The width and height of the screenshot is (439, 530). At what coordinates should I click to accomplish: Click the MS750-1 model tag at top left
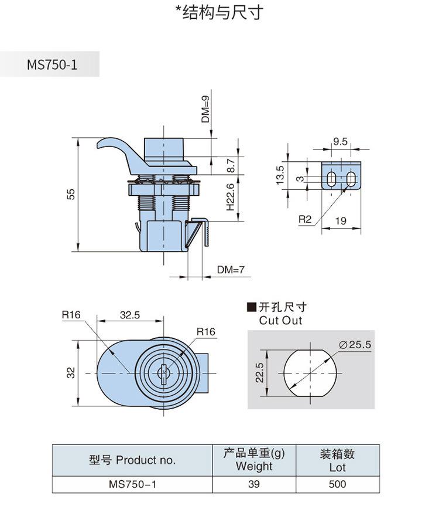pyautogui.click(x=52, y=64)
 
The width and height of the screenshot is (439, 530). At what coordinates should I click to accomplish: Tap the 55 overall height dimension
pyautogui.click(x=71, y=194)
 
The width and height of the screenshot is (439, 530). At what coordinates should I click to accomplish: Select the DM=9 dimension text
pyautogui.click(x=205, y=109)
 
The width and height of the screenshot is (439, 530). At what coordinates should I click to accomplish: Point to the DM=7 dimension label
pyautogui.click(x=231, y=269)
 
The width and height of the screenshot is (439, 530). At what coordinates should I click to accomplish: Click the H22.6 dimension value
pyautogui.click(x=230, y=197)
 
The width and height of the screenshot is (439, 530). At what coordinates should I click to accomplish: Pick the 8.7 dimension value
pyautogui.click(x=231, y=165)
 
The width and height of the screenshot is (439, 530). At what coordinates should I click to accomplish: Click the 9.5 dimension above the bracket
pyautogui.click(x=340, y=142)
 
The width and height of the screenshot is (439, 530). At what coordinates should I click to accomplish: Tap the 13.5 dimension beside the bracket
pyautogui.click(x=280, y=175)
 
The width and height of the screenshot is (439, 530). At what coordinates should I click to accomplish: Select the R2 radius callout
pyautogui.click(x=305, y=219)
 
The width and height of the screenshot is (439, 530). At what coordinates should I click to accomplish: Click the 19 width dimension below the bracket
pyautogui.click(x=341, y=220)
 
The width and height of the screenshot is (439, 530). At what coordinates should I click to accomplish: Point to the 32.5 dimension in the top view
pyautogui.click(x=130, y=315)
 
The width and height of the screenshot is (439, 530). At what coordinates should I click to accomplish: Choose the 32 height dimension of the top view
pyautogui.click(x=71, y=373)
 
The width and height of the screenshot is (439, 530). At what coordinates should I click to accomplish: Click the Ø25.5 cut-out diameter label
pyautogui.click(x=355, y=344)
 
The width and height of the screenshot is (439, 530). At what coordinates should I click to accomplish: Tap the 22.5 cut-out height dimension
pyautogui.click(x=259, y=373)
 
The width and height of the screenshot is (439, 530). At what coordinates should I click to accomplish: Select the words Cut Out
pyautogui.click(x=280, y=321)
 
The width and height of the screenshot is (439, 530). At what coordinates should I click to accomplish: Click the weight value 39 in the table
pyautogui.click(x=254, y=484)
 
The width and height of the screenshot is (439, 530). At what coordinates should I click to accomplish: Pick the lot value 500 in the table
pyautogui.click(x=337, y=484)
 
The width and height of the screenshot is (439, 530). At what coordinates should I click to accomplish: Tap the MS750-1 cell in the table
pyautogui.click(x=132, y=484)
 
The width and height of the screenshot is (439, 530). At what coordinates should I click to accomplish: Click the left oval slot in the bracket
pyautogui.click(x=332, y=179)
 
